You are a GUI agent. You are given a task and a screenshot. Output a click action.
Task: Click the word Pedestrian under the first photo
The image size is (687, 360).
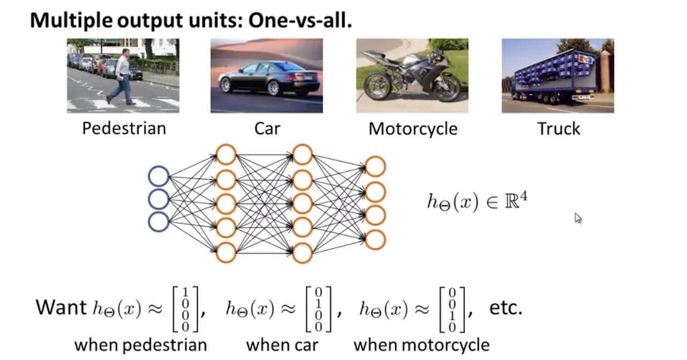(124, 129)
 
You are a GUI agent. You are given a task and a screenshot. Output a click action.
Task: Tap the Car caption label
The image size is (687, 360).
(267, 129)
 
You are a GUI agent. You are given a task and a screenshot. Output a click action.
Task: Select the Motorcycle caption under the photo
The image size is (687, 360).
(413, 129)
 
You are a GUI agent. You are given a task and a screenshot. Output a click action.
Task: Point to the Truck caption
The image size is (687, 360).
(559, 129)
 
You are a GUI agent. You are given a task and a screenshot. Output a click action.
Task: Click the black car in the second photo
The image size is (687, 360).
(269, 79)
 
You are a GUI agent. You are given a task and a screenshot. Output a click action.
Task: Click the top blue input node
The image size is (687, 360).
(158, 177)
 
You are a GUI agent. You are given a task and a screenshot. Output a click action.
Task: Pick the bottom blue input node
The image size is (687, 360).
(158, 222)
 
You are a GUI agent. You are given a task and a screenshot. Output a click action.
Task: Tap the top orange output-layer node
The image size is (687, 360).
(375, 166)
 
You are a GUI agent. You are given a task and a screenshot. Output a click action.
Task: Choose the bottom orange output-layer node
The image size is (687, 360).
(375, 239)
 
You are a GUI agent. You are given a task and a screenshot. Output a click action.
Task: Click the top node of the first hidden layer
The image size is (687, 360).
(226, 154)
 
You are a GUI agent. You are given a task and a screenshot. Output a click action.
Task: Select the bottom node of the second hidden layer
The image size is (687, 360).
(303, 253)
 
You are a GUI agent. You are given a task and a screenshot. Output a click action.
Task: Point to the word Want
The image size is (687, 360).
(61, 307)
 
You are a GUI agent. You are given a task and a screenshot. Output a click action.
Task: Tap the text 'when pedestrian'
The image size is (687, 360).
(141, 345)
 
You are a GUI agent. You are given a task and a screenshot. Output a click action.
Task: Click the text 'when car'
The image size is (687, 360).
(282, 345)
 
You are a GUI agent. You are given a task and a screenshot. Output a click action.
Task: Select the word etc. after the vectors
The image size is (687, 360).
(506, 308)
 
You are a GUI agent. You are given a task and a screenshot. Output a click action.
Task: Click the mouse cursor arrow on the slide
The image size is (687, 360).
(578, 217)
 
